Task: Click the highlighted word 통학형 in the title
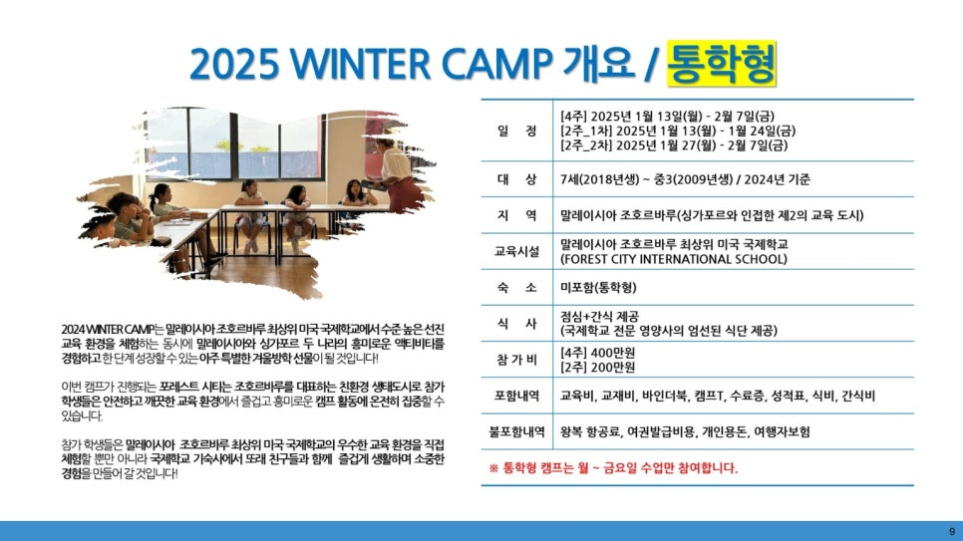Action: [722, 64]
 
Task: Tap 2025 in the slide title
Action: [234, 64]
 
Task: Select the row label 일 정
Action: [516, 131]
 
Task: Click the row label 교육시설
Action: [516, 251]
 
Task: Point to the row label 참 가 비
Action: [516, 360]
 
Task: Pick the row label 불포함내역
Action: [516, 431]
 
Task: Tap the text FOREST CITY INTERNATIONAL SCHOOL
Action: [674, 259]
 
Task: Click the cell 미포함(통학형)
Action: [598, 287]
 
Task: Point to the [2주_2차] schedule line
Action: [674, 145]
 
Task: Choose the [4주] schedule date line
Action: [668, 116]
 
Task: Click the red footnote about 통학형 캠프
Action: [613, 468]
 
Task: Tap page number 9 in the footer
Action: [952, 532]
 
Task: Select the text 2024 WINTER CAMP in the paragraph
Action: [108, 329]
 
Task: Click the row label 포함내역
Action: [516, 396]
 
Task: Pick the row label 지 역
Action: [516, 215]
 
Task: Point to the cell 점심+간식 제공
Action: [599, 316]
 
